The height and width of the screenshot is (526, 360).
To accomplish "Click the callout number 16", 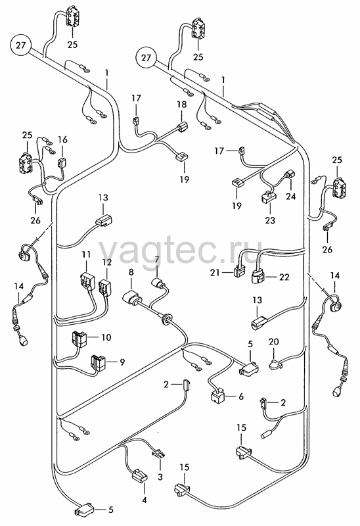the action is click(62, 139).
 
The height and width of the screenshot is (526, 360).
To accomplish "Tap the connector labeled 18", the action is click(181, 128).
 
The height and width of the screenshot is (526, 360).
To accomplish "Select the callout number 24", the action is click(290, 196).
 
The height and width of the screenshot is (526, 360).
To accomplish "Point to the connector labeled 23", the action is click(267, 197).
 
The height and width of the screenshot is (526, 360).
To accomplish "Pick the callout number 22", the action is click(284, 277).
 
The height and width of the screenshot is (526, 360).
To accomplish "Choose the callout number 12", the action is click(107, 262).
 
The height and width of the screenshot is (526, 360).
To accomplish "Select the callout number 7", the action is click(156, 259).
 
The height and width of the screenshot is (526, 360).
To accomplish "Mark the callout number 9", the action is click(122, 362).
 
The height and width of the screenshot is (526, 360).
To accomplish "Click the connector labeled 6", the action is click(218, 396).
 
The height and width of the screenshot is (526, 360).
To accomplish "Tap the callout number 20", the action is click(274, 342).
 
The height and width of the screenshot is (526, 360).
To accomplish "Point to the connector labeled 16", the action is click(62, 162).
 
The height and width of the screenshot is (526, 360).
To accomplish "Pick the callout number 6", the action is click(241, 396).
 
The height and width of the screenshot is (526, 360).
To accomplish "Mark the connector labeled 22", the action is click(256, 278).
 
